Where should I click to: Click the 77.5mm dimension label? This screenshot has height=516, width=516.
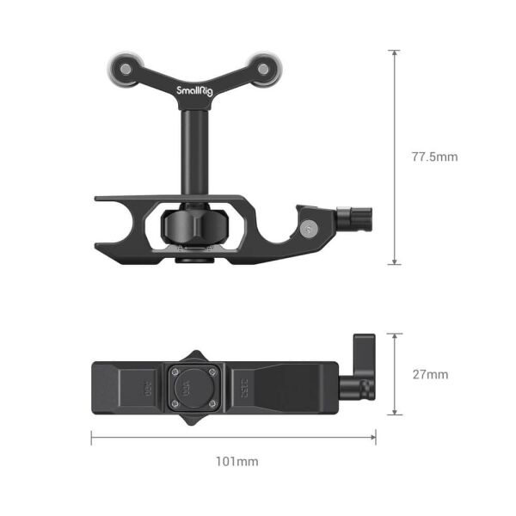[434, 157]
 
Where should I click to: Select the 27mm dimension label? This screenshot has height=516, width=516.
[430, 375]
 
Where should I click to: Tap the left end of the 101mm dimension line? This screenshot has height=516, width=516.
[93, 437]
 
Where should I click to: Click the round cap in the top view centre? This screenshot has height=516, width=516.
[190, 387]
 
